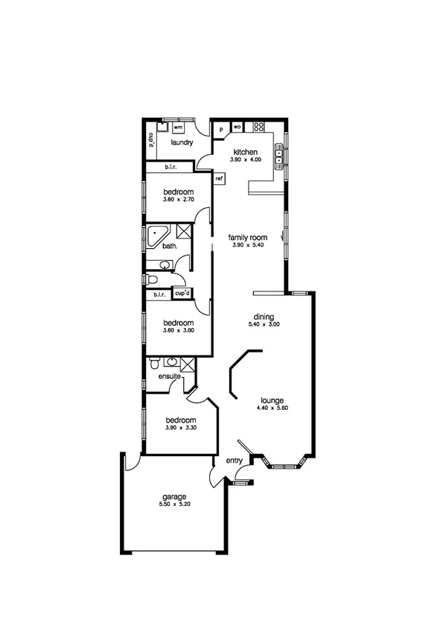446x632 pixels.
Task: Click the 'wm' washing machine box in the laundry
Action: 178,128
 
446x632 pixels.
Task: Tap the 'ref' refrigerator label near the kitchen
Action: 220,179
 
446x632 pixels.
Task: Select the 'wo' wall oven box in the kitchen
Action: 238,127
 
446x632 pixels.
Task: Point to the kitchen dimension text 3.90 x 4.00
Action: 246,160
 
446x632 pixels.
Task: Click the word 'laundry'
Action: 182,142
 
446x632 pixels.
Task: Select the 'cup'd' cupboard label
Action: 182,294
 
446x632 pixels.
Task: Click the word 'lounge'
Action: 272,399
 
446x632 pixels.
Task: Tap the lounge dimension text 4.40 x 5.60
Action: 272,408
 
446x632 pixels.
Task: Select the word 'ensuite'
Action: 169,376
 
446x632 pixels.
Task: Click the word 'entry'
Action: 235,461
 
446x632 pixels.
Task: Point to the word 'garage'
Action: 174,497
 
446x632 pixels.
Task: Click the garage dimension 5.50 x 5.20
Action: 174,505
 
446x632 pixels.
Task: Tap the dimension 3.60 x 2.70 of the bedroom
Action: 179,200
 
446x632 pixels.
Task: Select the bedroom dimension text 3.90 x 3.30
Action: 181,429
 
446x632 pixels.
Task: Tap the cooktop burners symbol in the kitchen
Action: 259,127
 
